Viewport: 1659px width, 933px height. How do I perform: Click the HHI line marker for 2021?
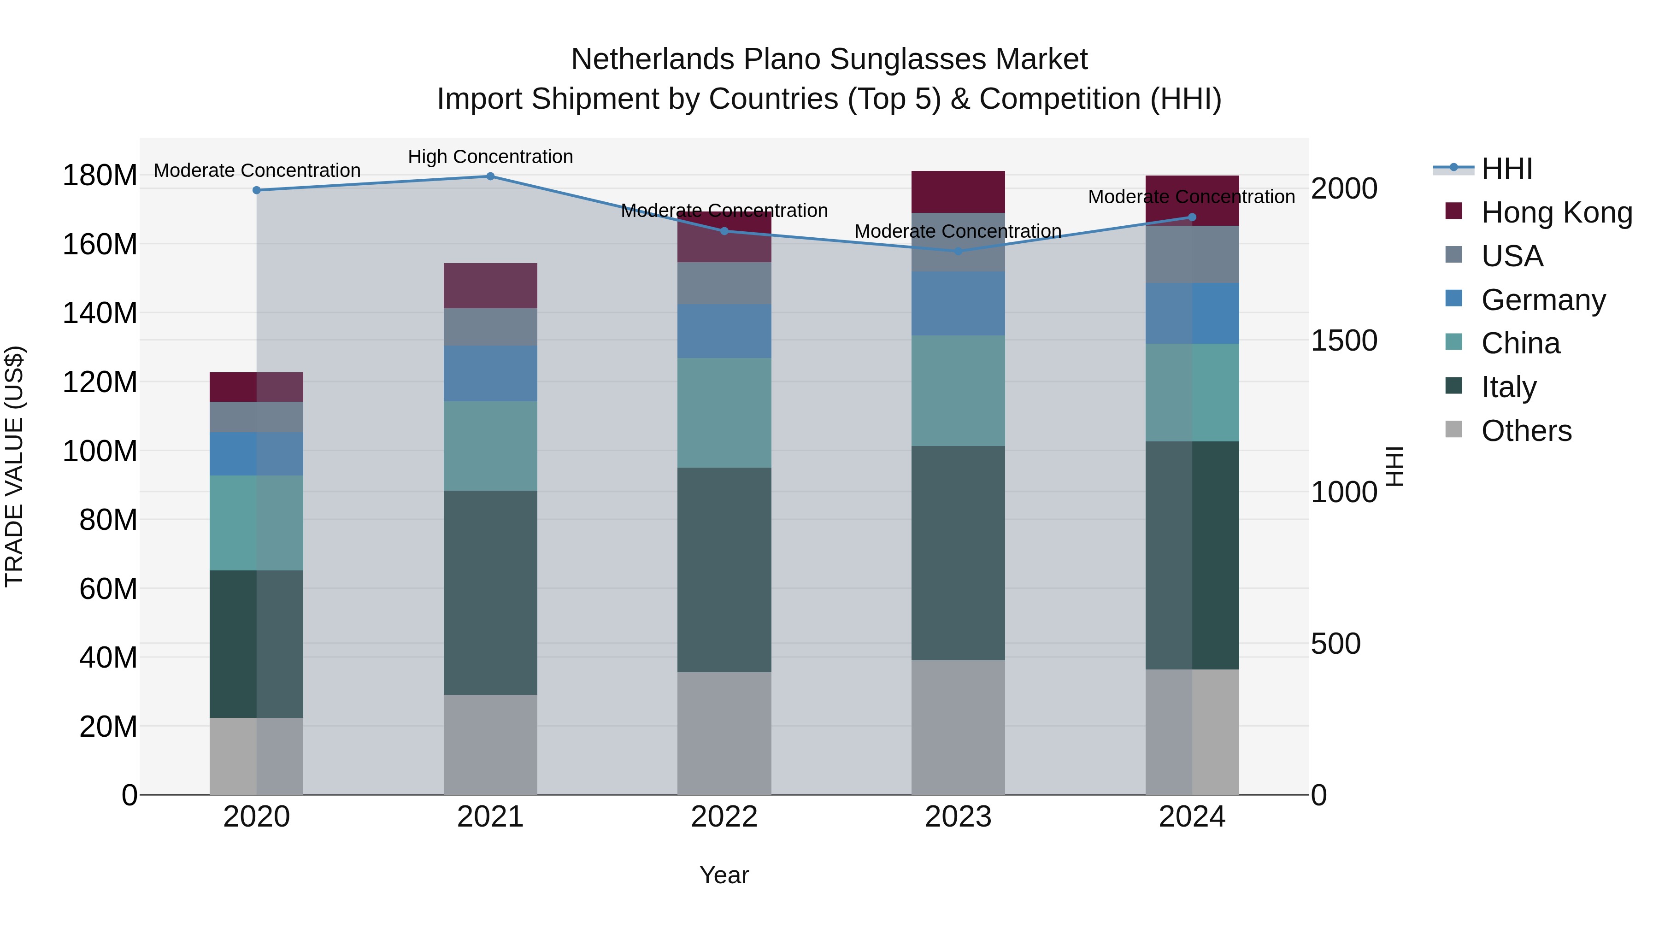pos(490,176)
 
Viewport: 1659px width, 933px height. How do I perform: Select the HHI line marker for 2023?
pos(958,251)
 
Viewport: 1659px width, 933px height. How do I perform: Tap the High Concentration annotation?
pos(490,157)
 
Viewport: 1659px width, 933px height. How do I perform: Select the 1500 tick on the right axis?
pos(1344,340)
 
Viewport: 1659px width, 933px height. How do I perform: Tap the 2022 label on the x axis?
pos(724,817)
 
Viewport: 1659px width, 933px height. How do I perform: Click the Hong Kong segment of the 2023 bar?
pos(958,192)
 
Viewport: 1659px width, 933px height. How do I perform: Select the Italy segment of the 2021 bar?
pos(490,593)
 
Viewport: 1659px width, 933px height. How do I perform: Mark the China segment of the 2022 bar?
pos(724,413)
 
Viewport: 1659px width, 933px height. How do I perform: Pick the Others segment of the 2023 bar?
pos(958,727)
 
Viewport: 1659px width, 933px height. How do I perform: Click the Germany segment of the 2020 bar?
pos(256,454)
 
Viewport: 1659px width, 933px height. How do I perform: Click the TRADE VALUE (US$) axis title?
pos(14,466)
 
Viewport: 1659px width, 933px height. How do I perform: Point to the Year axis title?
pos(724,875)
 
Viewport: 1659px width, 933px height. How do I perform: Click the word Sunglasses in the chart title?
pos(909,59)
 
